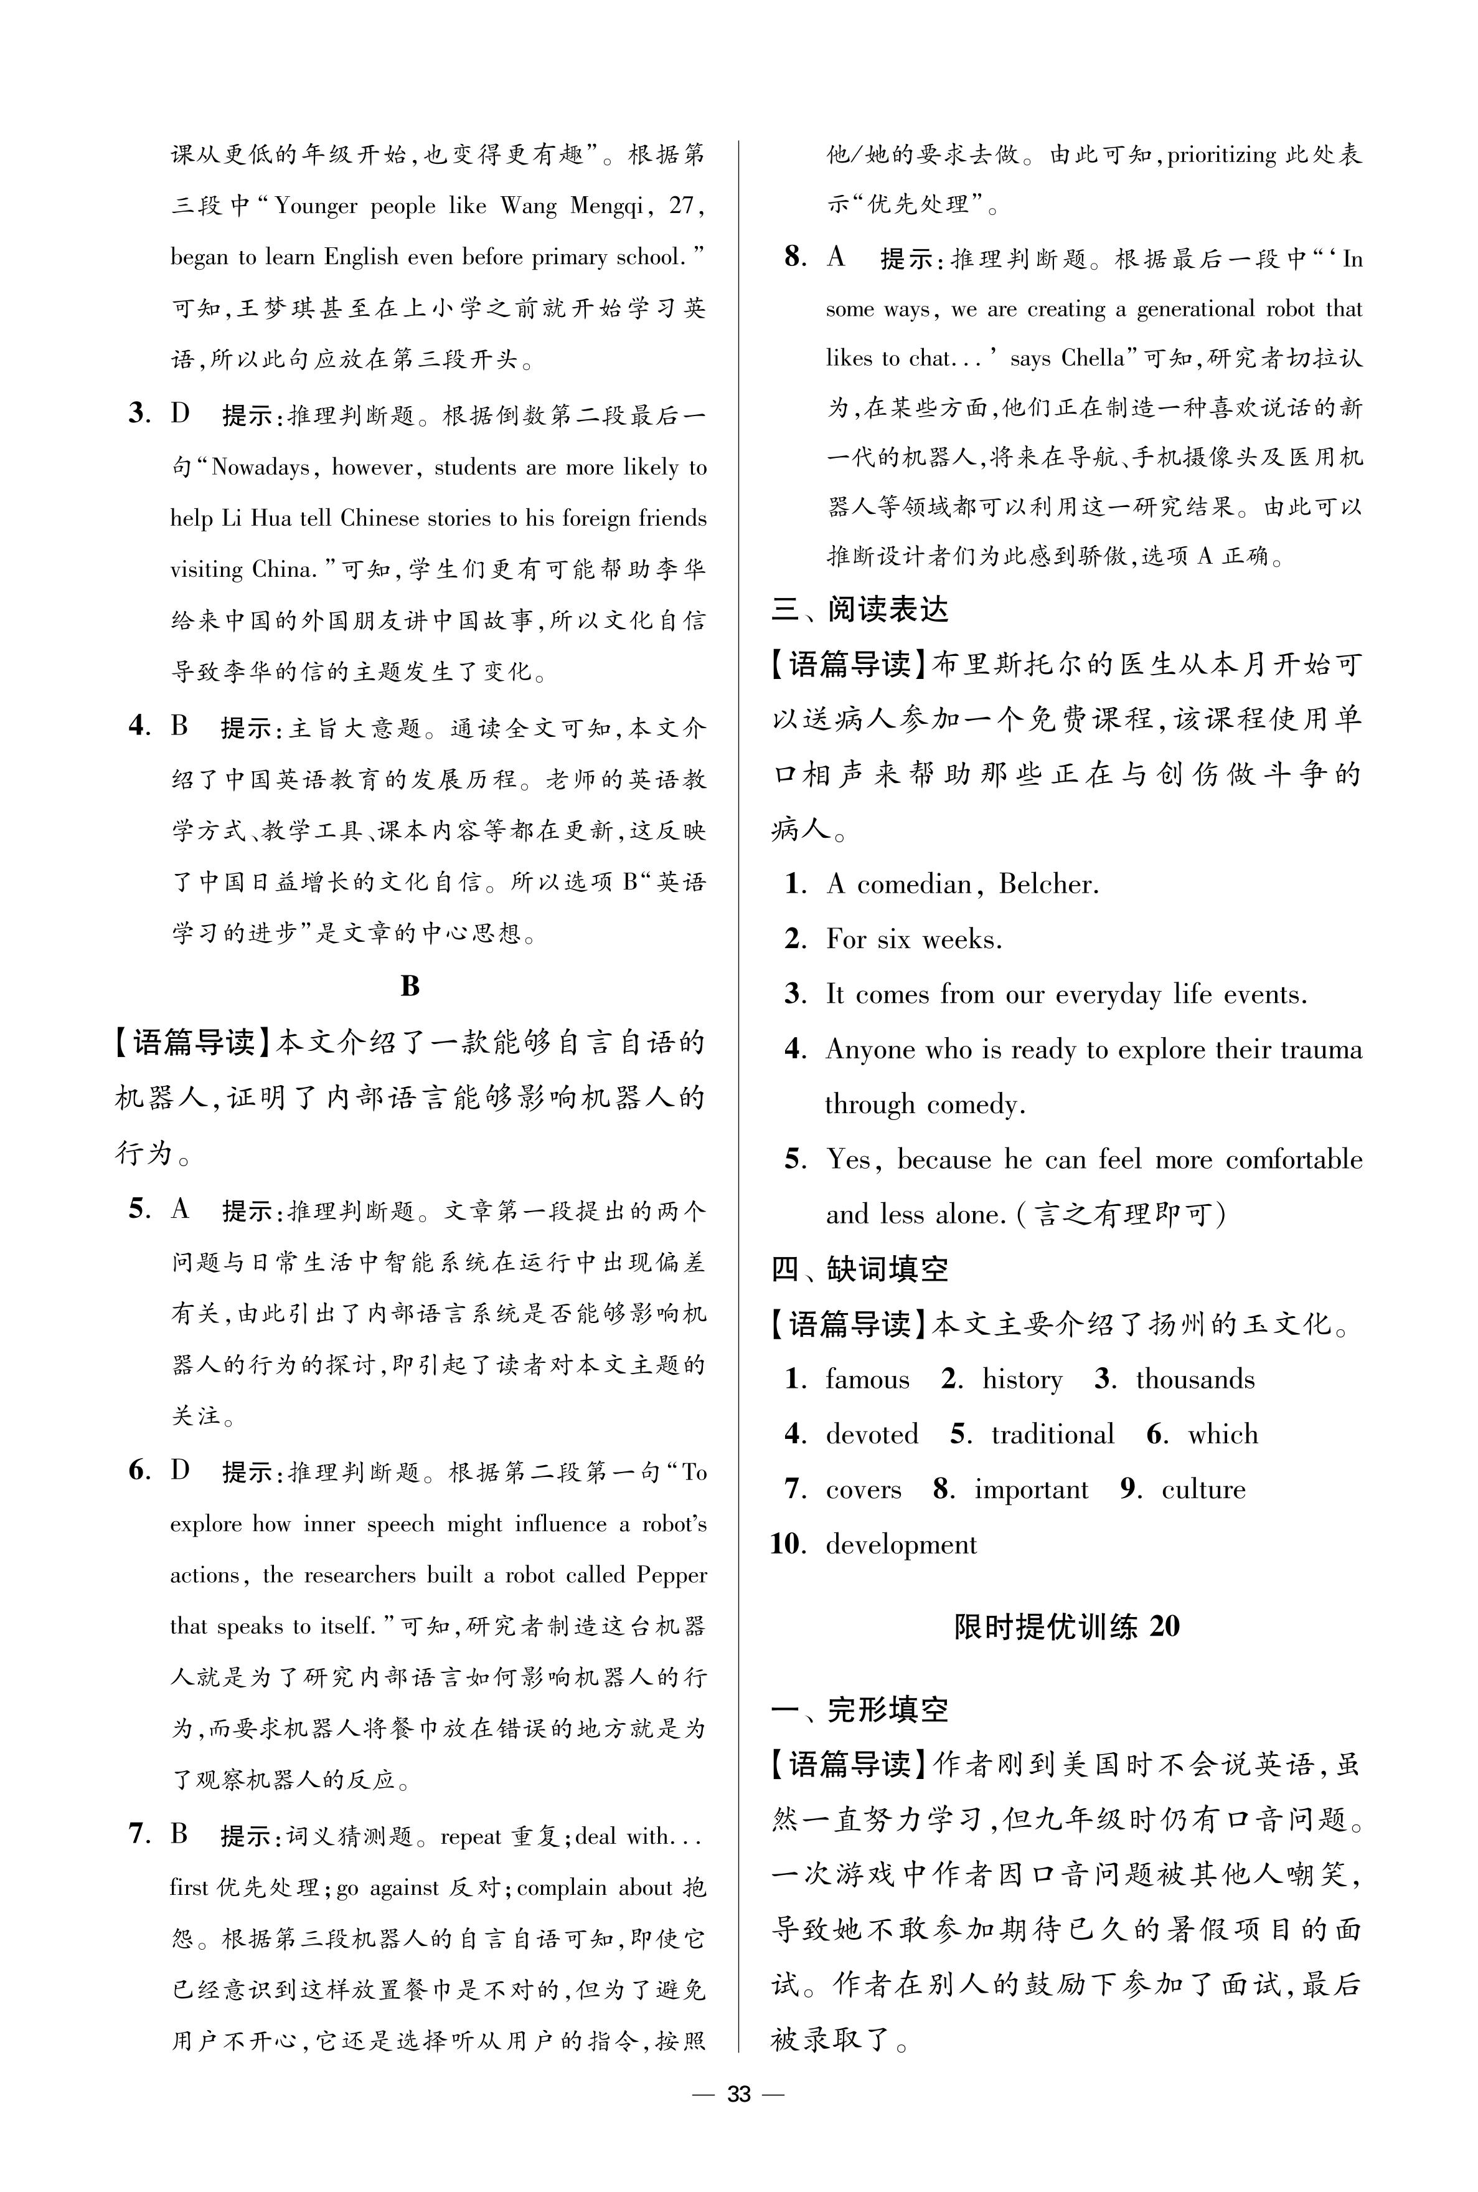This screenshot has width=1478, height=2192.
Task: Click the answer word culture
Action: click(x=1203, y=1489)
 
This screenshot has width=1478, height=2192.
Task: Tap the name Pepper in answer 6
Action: click(x=671, y=1575)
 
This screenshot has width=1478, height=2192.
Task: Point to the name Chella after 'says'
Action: click(x=1093, y=358)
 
